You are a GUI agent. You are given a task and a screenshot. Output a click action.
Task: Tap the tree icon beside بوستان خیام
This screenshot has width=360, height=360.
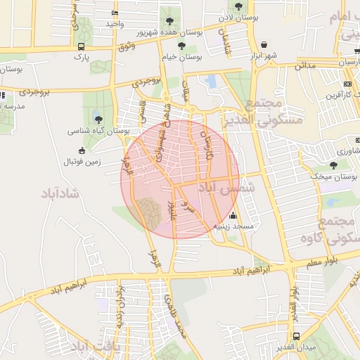pos(181,46)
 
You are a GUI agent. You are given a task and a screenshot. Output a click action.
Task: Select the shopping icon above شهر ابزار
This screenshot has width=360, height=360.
pos(264,44)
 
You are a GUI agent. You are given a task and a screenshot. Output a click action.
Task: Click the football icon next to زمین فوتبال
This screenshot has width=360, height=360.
pos(82,150)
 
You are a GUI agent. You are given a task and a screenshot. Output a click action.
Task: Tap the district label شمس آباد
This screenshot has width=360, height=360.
pos(223,188)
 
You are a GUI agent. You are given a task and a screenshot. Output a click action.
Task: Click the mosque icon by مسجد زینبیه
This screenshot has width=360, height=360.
pos(233,216)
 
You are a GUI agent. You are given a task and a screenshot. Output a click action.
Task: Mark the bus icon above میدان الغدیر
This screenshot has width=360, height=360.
pos(297,337)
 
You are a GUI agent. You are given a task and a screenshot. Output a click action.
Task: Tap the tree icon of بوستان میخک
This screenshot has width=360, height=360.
pos(333,165)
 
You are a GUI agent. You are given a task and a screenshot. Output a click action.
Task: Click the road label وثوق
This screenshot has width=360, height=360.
pos(126,46)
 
